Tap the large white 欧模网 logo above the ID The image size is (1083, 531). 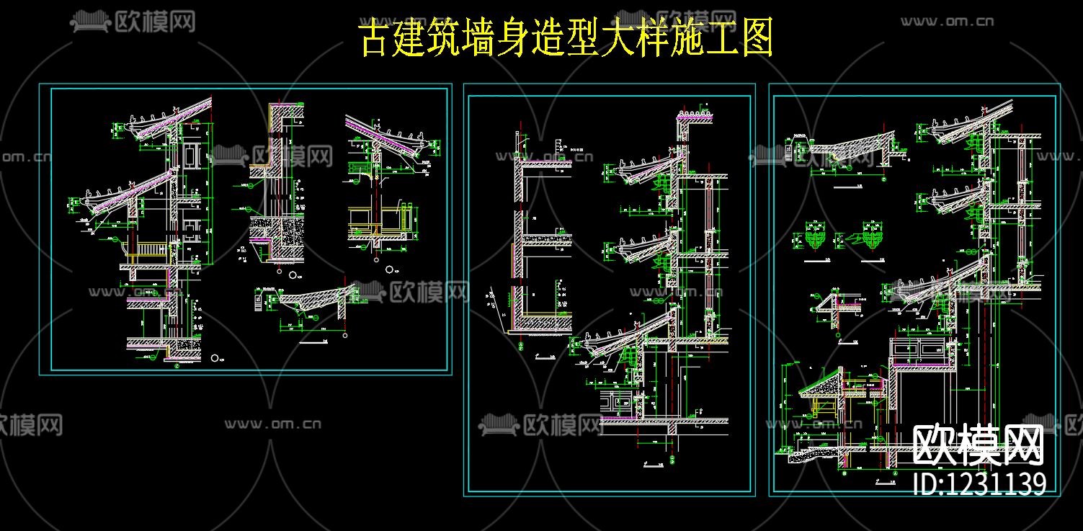pos(978,445)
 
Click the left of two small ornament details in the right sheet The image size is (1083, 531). pos(815,238)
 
